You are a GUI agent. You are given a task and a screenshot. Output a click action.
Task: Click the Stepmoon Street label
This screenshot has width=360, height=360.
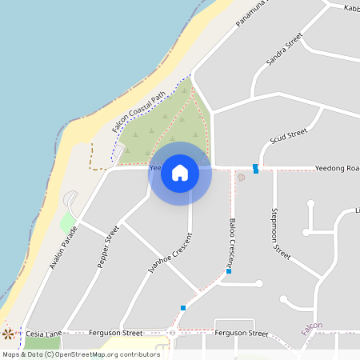click(x=280, y=231)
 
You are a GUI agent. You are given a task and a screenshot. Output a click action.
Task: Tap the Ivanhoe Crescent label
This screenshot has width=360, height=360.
click(x=170, y=254)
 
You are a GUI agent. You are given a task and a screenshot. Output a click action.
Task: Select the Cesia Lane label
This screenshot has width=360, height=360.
click(x=43, y=333)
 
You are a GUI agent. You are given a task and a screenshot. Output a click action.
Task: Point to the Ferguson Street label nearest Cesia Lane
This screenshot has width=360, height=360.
click(x=116, y=333)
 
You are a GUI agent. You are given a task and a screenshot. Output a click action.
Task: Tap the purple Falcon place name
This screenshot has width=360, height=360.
click(x=312, y=326)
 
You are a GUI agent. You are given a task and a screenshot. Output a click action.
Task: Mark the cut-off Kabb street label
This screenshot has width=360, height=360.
click(x=351, y=7)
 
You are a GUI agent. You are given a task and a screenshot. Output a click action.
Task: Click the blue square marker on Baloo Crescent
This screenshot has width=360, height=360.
click(x=229, y=271)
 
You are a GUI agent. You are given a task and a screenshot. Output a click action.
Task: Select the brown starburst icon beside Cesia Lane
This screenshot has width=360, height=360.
click(x=9, y=333)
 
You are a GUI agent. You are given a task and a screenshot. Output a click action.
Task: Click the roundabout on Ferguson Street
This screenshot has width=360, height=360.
click(x=172, y=333)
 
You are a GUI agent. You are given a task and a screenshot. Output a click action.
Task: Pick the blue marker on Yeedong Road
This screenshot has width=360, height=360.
click(x=255, y=168)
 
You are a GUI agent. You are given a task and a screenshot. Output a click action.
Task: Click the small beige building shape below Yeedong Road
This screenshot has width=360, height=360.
click(x=242, y=177)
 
